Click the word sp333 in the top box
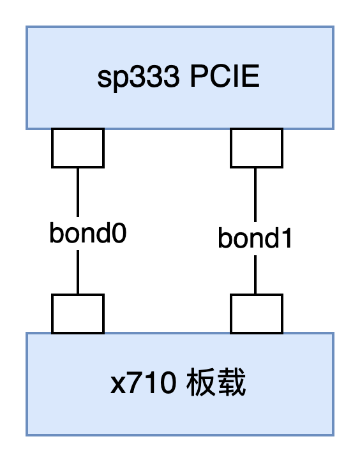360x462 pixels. tap(139, 78)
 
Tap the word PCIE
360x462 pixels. tap(225, 77)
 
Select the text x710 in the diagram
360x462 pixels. tap(143, 384)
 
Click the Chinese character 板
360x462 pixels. tap(201, 382)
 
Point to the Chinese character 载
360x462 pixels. tap(231, 382)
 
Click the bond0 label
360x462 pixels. tap(88, 233)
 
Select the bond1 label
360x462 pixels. tap(255, 238)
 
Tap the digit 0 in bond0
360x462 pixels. tap(119, 234)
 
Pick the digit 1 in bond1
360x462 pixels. tap(285, 239)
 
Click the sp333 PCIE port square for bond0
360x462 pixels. tap(78, 148)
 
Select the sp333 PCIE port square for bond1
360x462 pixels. tap(257, 148)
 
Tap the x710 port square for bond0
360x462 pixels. tap(78, 314)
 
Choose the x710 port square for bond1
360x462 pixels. tap(257, 314)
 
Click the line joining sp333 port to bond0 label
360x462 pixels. tap(78, 193)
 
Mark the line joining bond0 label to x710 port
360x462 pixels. tap(78, 272)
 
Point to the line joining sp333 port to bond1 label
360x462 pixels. tap(255, 195)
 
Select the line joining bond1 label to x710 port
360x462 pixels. tap(255, 274)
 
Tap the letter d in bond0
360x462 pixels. tap(103, 233)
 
